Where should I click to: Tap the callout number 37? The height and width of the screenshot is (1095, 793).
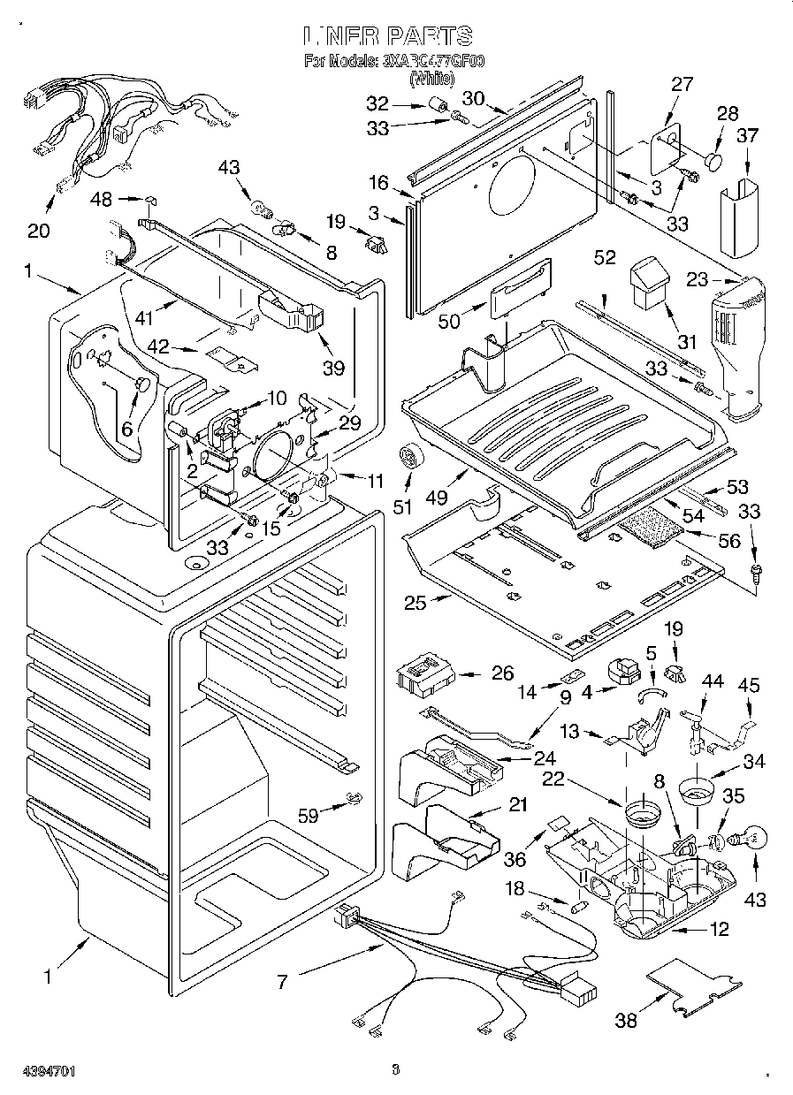[748, 135]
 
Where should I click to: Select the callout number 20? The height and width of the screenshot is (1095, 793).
[39, 231]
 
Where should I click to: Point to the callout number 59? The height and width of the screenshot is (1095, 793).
[308, 816]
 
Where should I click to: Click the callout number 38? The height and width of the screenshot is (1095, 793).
[626, 1021]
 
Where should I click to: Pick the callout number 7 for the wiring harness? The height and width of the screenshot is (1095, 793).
[283, 981]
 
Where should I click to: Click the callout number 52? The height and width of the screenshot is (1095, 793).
[605, 258]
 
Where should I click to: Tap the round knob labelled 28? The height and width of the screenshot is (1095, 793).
[713, 163]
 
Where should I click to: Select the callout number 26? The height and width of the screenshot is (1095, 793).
[502, 673]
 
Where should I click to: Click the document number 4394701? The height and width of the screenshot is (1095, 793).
[38, 1071]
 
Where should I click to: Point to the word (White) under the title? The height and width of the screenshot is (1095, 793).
[431, 79]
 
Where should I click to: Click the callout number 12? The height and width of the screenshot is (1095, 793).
[720, 930]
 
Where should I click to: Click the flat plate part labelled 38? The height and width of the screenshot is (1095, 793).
[694, 985]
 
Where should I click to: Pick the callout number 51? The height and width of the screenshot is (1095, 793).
[403, 506]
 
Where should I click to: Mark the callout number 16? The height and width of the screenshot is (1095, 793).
[379, 183]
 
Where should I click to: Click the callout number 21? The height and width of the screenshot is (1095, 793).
[517, 805]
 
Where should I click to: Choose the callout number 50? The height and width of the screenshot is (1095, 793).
[450, 321]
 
